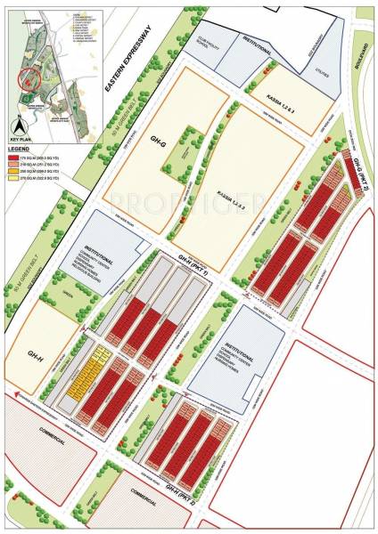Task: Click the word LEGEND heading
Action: pos(19,148)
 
